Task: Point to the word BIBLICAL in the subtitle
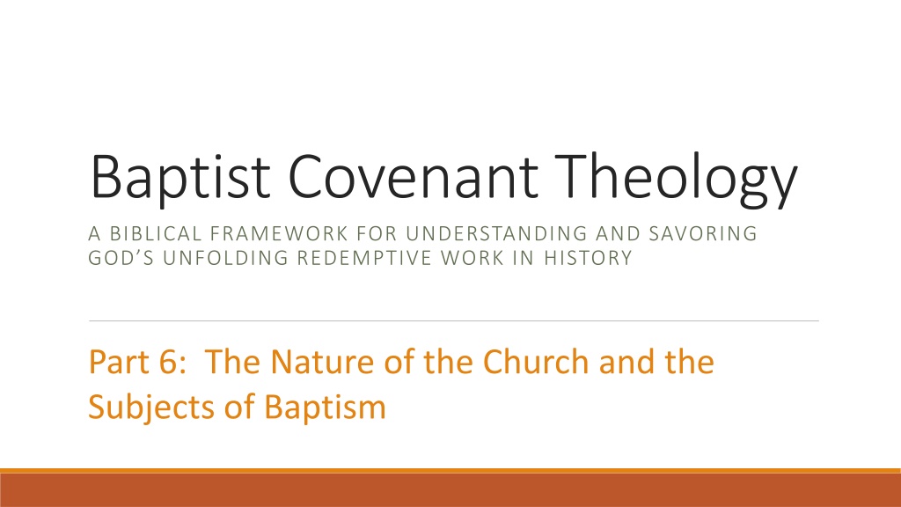pyautogui.click(x=157, y=233)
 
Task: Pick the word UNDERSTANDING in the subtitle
pyautogui.click(x=497, y=233)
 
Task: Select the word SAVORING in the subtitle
pyautogui.click(x=703, y=233)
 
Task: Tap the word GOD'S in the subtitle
pyautogui.click(x=121, y=258)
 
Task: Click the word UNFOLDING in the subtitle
pyautogui.click(x=225, y=258)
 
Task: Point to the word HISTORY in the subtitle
pyautogui.click(x=588, y=258)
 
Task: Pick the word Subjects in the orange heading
pyautogui.click(x=151, y=408)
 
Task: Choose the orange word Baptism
pyautogui.click(x=325, y=408)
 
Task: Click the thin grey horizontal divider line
pyautogui.click(x=454, y=320)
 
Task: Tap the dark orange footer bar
pyautogui.click(x=450, y=489)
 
